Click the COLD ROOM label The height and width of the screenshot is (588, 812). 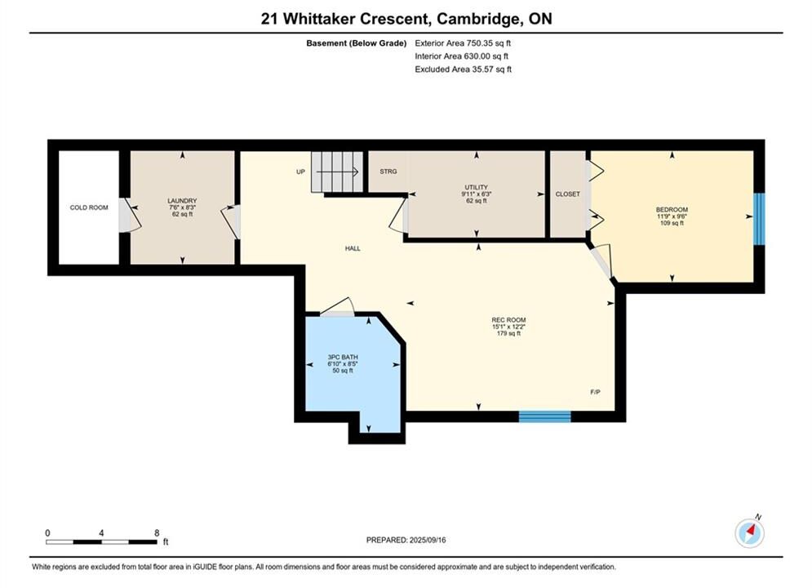(x=89, y=207)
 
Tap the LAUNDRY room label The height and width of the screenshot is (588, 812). (x=182, y=201)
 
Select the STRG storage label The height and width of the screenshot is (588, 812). (x=388, y=171)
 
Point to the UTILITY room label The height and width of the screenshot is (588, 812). (x=477, y=188)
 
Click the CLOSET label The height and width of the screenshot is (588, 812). (x=567, y=194)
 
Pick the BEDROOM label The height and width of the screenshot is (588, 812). (x=672, y=210)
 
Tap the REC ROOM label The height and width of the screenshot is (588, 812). (x=508, y=320)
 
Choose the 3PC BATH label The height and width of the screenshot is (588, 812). (x=343, y=358)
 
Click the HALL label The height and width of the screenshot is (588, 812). (x=353, y=248)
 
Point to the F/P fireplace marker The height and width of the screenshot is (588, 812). (x=596, y=392)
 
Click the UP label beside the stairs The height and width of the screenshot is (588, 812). (x=301, y=172)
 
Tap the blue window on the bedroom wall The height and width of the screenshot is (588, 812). (x=759, y=219)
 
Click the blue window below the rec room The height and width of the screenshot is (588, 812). (x=545, y=416)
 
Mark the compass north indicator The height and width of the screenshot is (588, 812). (x=750, y=532)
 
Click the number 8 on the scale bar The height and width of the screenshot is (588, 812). (x=157, y=532)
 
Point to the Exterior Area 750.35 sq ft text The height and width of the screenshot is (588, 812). (x=463, y=43)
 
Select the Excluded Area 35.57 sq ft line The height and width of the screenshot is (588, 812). (x=463, y=69)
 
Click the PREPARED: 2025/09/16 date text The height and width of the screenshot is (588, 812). (x=406, y=540)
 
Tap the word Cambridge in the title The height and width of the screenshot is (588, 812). (x=478, y=19)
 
